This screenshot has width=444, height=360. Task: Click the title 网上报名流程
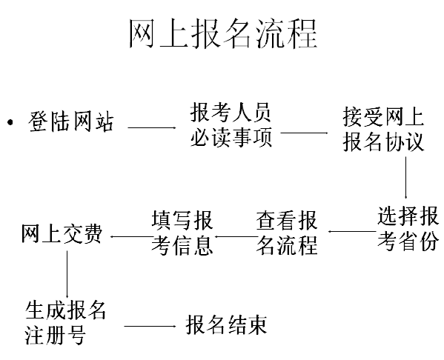pyautogui.click(x=223, y=34)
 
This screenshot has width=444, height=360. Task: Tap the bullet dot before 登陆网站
pyautogui.click(x=10, y=122)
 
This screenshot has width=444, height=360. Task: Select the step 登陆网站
pyautogui.click(x=71, y=121)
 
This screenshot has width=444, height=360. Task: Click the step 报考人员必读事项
pyautogui.click(x=231, y=124)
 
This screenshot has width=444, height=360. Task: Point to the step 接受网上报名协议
pyautogui.click(x=383, y=129)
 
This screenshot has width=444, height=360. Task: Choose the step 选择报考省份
pyautogui.click(x=408, y=229)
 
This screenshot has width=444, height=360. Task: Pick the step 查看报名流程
pyautogui.click(x=287, y=233)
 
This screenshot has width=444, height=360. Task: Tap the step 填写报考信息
pyautogui.click(x=182, y=233)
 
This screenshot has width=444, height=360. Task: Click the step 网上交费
pyautogui.click(x=62, y=234)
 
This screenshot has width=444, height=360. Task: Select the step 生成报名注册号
pyautogui.click(x=65, y=323)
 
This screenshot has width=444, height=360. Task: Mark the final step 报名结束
pyautogui.click(x=227, y=324)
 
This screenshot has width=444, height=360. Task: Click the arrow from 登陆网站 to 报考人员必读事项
pyautogui.click(x=152, y=127)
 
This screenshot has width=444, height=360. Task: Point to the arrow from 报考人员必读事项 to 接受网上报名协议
pyautogui.click(x=304, y=133)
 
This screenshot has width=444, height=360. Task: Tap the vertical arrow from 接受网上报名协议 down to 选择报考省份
pyautogui.click(x=405, y=178)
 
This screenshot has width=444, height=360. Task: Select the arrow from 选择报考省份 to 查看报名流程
pyautogui.click(x=352, y=231)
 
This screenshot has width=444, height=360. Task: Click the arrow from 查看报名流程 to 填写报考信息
pyautogui.click(x=236, y=236)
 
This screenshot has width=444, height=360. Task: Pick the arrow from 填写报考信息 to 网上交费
pyautogui.click(x=131, y=236)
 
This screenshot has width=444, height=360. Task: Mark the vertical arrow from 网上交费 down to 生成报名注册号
pyautogui.click(x=67, y=274)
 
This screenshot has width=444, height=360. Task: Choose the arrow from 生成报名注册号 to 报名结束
pyautogui.click(x=150, y=327)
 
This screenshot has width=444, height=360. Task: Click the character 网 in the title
pyautogui.click(x=142, y=34)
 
